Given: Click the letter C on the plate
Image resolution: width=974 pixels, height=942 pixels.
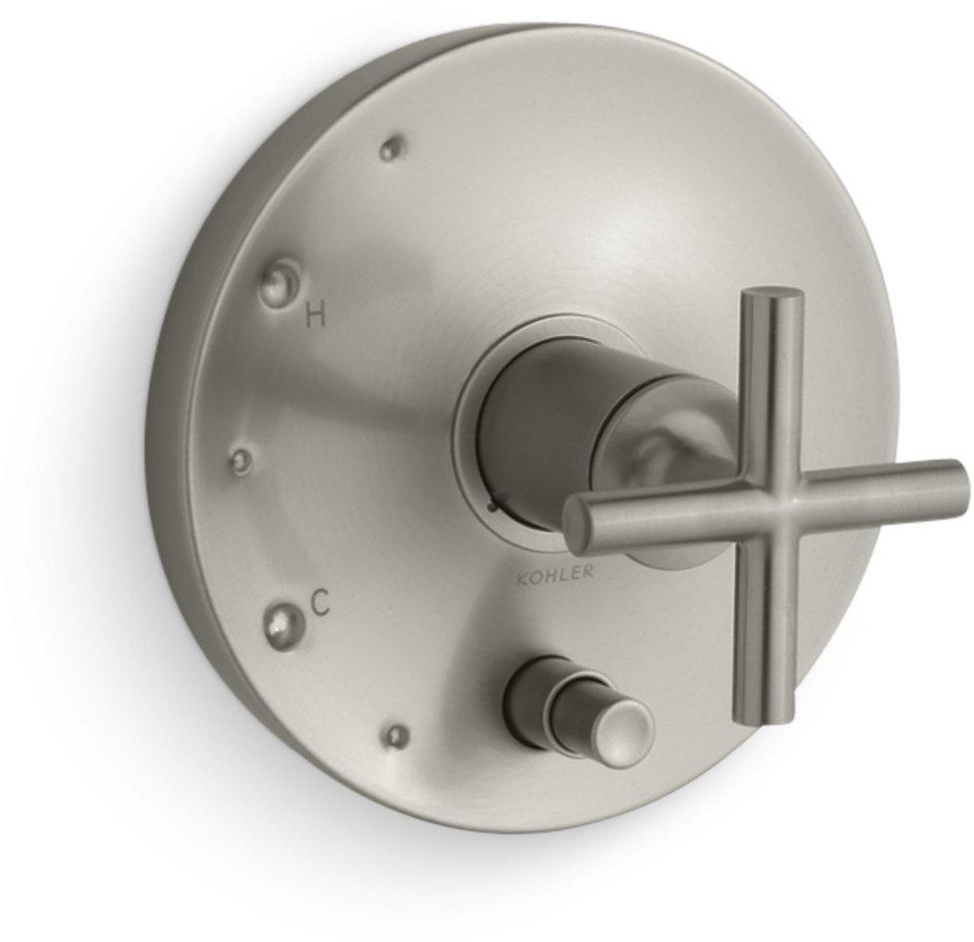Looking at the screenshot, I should click(319, 605).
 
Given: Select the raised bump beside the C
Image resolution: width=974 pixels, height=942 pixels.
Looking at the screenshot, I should click(283, 617).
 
